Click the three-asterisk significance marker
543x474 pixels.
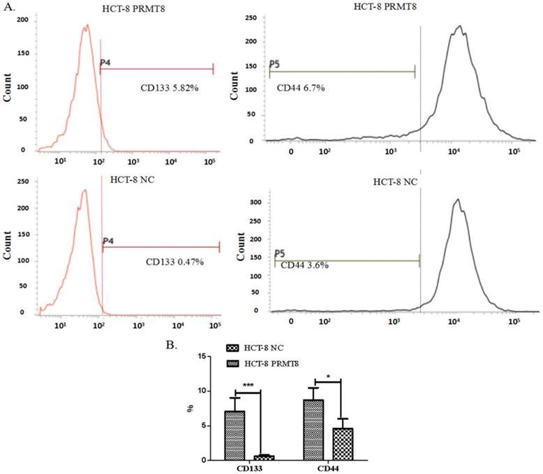248,385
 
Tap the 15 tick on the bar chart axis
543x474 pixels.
202,357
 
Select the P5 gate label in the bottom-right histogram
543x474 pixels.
280,253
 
